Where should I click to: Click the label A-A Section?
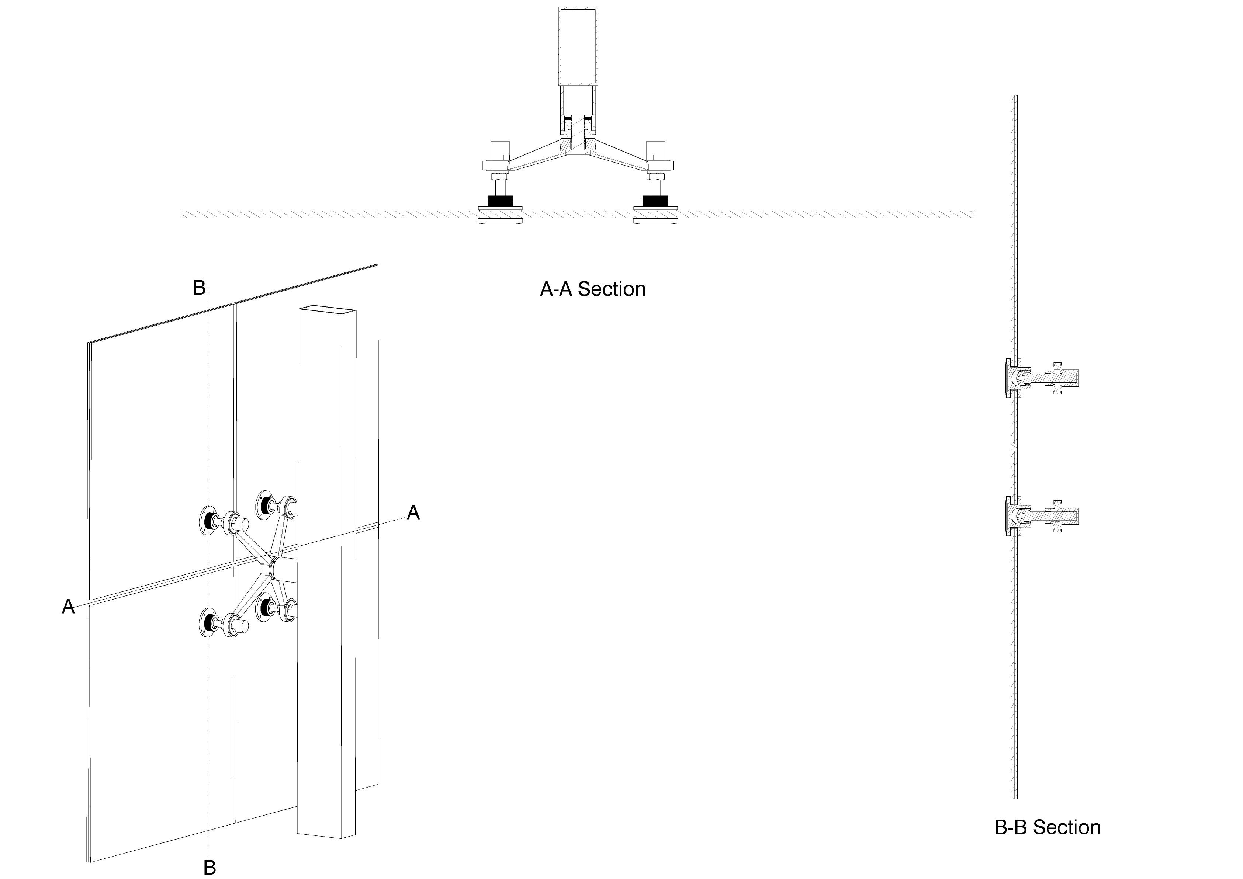(592, 289)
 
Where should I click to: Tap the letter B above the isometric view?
(199, 287)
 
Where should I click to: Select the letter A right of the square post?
(413, 512)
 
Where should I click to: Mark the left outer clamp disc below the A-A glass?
(500, 220)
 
